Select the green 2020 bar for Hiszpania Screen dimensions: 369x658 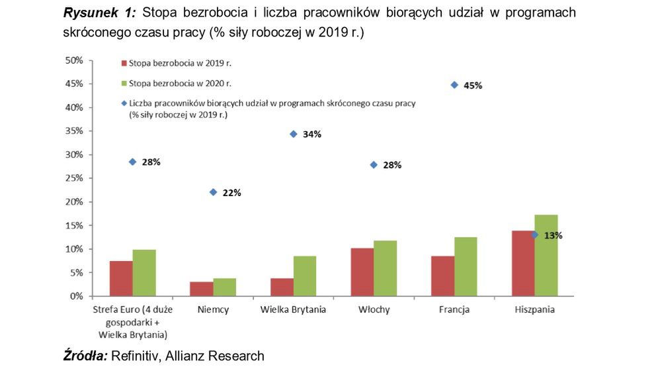click(546, 255)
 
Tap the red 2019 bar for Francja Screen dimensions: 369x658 click(442, 276)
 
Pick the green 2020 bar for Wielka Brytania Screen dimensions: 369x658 click(305, 276)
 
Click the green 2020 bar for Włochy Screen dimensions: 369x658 click(385, 268)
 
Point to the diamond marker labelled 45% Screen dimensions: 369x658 click(454, 85)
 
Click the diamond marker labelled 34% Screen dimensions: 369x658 click(293, 134)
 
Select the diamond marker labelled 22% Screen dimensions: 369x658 click(213, 192)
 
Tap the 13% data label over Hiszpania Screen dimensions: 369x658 click(553, 235)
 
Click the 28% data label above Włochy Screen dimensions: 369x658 click(392, 165)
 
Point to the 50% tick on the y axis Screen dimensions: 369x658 click(73, 60)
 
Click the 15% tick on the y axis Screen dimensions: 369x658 click(73, 225)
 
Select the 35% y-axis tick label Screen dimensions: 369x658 click(73, 131)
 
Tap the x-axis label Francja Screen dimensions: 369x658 click(454, 309)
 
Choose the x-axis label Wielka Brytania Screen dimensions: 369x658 click(293, 309)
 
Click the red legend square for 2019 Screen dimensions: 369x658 click(123, 64)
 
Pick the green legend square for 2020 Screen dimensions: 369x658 click(123, 83)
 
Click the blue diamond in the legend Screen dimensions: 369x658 click(123, 103)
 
